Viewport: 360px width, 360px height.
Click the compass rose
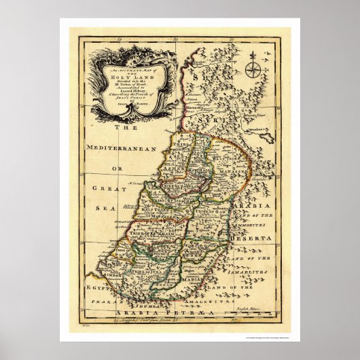(x=253, y=69)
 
